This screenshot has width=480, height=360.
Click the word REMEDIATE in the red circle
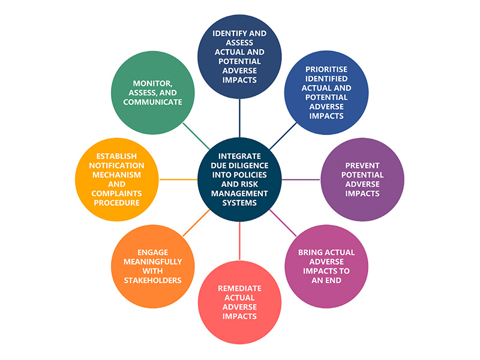pos(239,287)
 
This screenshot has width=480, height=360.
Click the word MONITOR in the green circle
pos(147,82)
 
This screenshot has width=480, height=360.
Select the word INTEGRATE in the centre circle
pos(239,155)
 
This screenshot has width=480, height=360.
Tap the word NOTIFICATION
pos(118,166)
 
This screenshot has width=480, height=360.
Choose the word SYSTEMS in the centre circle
pos(239,203)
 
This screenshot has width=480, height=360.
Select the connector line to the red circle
pos(239,241)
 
